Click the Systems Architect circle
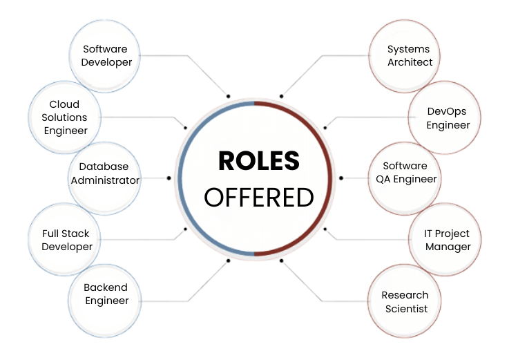pyautogui.click(x=409, y=55)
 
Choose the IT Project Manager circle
pyautogui.click(x=448, y=240)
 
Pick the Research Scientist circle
pyautogui.click(x=405, y=302)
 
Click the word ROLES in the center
pyautogui.click(x=259, y=161)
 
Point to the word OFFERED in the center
pyautogui.click(x=259, y=197)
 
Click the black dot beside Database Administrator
pyautogui.click(x=169, y=178)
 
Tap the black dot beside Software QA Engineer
pyautogui.click(x=340, y=178)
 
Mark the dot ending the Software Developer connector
pyautogui.click(x=228, y=95)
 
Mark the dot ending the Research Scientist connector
pyautogui.click(x=281, y=260)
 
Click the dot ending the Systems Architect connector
pyautogui.click(x=281, y=95)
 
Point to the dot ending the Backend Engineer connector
pyautogui.click(x=228, y=260)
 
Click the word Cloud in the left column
pyautogui.click(x=64, y=105)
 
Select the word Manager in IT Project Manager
pyautogui.click(x=448, y=247)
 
